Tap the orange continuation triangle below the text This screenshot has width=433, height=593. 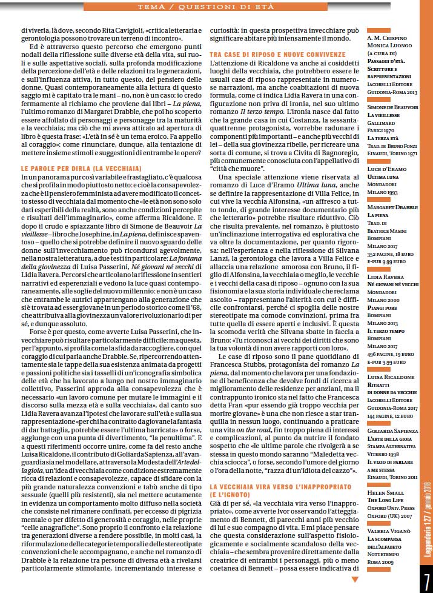point(355,580)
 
